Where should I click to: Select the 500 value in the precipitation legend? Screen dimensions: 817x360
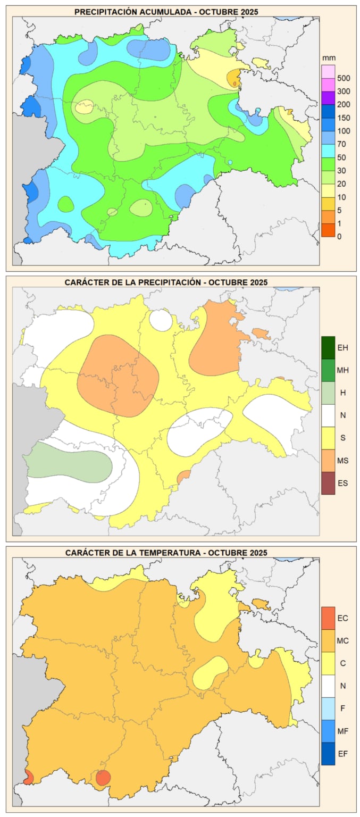coord(344,78)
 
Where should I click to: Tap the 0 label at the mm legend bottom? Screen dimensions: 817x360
coord(340,236)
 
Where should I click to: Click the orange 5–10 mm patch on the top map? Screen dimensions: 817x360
coord(233,78)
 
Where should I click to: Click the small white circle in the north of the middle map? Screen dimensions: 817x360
coord(161,320)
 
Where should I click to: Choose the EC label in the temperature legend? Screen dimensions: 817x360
coord(343,618)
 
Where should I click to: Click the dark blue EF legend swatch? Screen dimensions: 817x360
coord(328,754)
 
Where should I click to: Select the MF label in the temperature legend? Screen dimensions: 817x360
coord(343,731)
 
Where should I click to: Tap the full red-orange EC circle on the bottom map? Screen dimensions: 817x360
coord(103,777)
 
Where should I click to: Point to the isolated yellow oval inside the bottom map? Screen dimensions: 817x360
coord(210,672)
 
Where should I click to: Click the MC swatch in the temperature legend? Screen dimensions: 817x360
coord(328,641)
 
